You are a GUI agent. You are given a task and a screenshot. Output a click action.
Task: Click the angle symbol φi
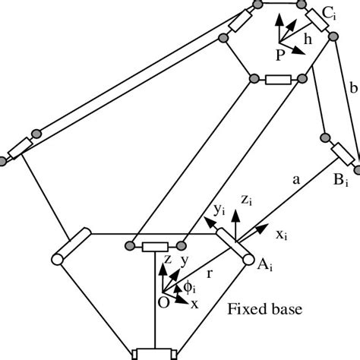point(190,286)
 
